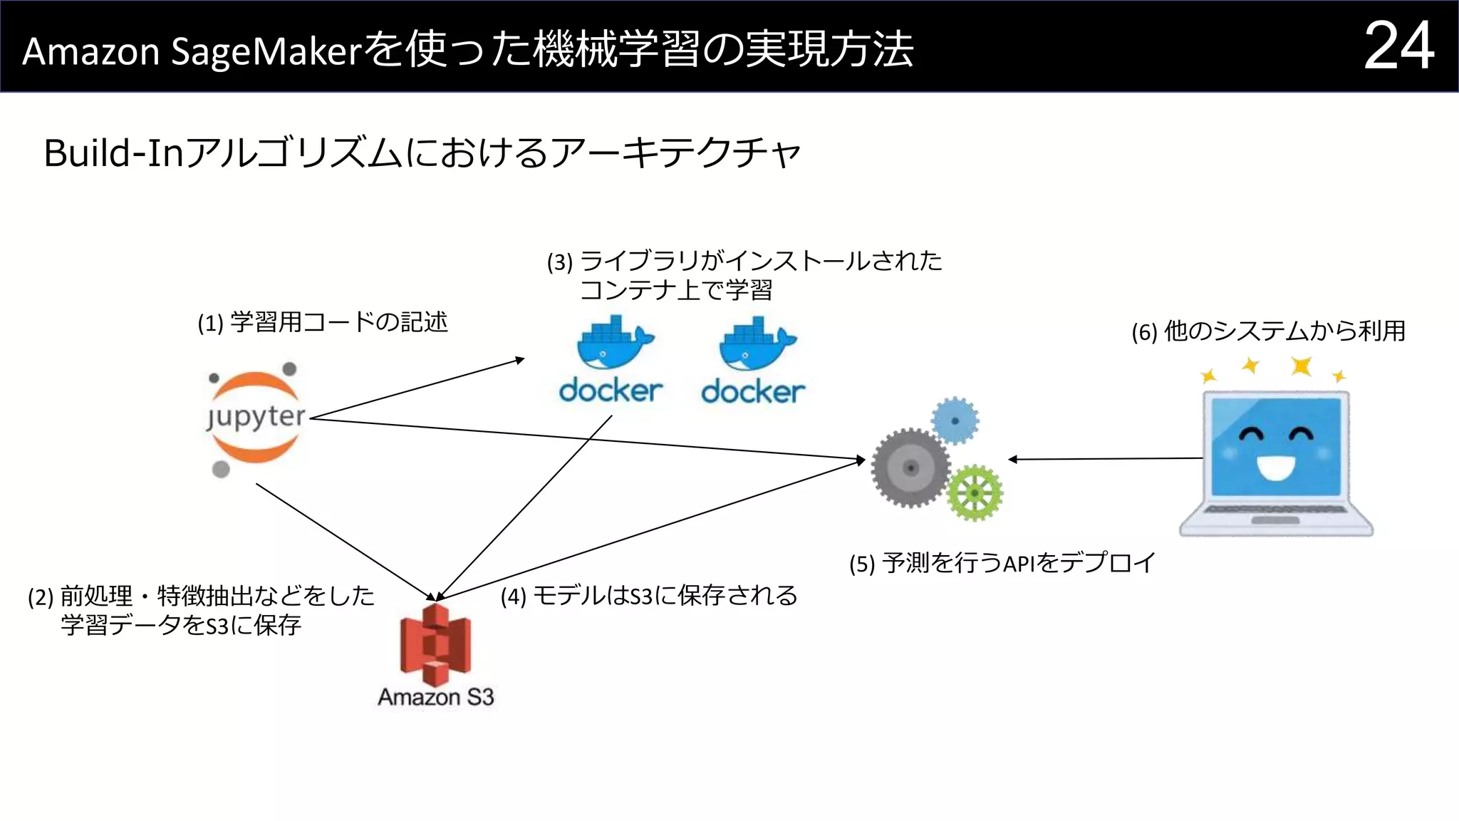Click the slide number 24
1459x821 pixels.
point(1398,46)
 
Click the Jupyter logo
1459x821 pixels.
point(255,418)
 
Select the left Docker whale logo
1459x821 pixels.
point(612,345)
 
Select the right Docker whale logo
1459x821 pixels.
point(754,345)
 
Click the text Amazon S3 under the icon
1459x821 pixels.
point(435,696)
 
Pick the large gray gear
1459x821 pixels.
point(910,468)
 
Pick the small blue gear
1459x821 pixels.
point(955,420)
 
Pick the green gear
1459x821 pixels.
point(975,493)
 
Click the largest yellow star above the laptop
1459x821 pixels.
point(1302,366)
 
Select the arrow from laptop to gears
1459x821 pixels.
point(1104,459)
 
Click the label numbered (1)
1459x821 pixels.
point(323,323)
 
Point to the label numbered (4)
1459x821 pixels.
point(648,596)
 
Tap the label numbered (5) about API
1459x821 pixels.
point(1001,563)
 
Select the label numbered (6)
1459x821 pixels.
point(1268,331)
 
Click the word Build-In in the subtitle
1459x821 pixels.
point(113,153)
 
